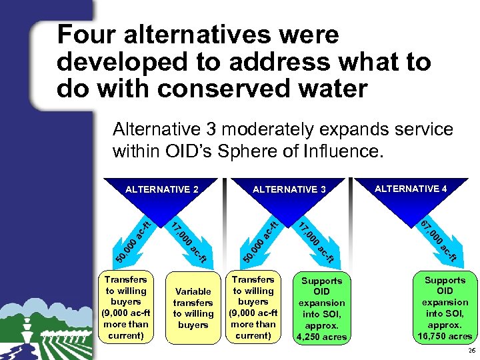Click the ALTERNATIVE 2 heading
(x=162, y=189)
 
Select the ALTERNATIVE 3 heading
(x=289, y=189)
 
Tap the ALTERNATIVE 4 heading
(x=411, y=189)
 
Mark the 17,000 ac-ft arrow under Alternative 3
(x=314, y=241)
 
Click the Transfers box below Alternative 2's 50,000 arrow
(x=125, y=307)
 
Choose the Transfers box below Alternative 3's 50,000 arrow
(x=253, y=307)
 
